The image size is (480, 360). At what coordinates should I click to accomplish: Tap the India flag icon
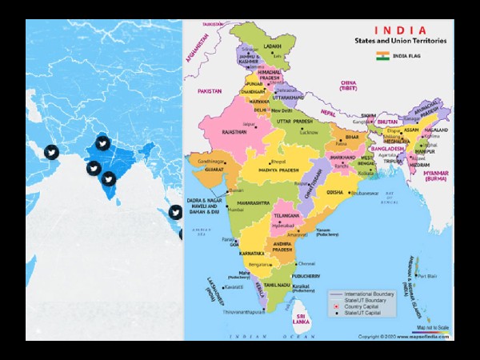(x=383, y=57)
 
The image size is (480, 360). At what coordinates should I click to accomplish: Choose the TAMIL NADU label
(x=278, y=285)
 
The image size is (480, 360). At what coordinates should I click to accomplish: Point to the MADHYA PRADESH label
(x=278, y=170)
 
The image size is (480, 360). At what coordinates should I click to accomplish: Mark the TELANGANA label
(x=286, y=217)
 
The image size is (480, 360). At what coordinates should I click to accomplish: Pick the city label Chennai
(x=306, y=264)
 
